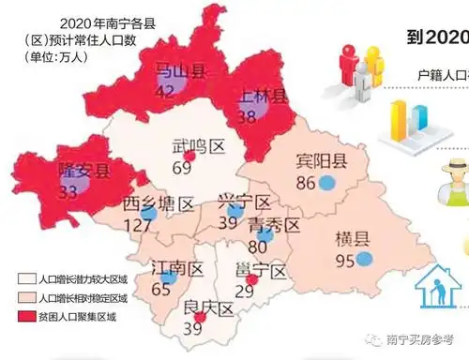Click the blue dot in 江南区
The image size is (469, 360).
pos(168,277)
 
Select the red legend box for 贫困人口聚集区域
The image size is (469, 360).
pos(25,316)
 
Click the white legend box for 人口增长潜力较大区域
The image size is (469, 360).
pos(25,279)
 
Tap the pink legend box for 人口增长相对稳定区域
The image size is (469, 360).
pos(25,297)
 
